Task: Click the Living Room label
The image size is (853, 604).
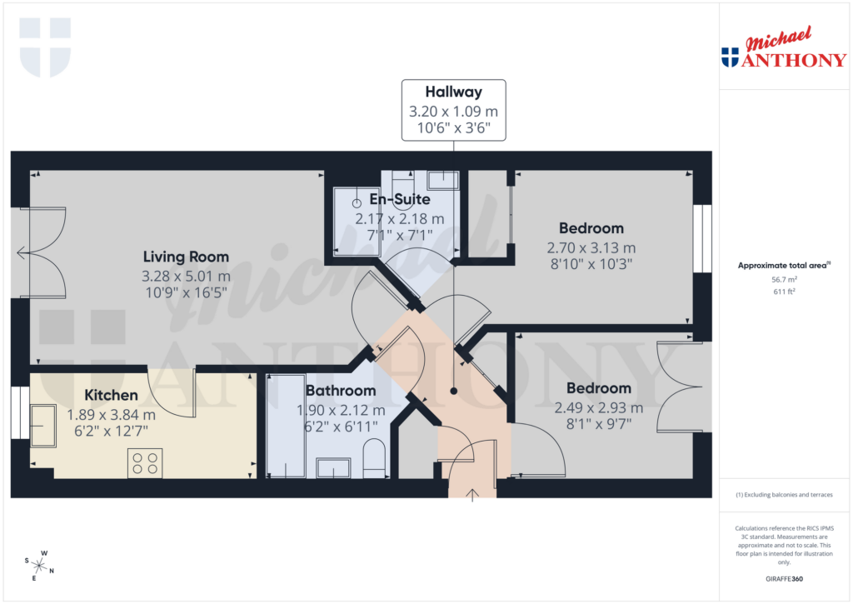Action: pos(186,257)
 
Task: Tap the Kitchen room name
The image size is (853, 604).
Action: pos(111,395)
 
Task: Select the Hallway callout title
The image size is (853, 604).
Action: pos(453,92)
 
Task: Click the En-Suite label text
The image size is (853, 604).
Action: pos(400,200)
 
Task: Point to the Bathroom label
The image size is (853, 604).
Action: pos(341,390)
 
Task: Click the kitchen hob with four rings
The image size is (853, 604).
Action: pos(144,463)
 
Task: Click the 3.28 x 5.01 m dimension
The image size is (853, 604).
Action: pos(186,276)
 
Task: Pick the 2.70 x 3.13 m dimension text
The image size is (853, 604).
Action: pos(591,247)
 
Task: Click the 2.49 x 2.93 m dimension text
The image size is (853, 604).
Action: pos(598,408)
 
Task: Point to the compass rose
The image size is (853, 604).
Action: pos(40,565)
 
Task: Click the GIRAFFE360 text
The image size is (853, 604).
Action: pos(783,579)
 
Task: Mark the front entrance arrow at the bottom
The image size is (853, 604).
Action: pos(473,495)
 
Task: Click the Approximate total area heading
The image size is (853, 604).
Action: pos(783,266)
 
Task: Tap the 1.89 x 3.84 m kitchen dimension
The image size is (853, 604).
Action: pos(111,414)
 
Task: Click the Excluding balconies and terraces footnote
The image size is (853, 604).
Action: pos(783,495)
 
